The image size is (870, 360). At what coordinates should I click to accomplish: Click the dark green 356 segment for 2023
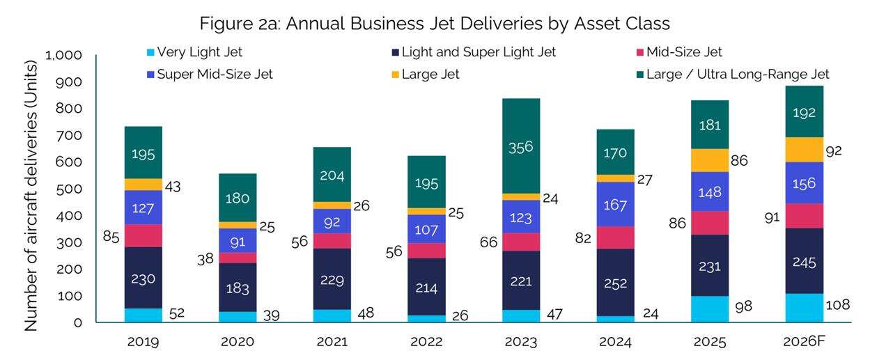(521, 146)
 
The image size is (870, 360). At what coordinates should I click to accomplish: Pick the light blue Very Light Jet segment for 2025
(710, 308)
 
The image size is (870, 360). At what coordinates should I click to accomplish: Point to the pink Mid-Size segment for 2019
(143, 235)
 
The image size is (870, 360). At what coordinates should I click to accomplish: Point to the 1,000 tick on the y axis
(63, 55)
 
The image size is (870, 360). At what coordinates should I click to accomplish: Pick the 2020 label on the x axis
(238, 343)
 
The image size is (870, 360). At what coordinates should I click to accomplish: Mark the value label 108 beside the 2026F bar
(838, 304)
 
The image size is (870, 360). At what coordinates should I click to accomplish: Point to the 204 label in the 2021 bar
(332, 175)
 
